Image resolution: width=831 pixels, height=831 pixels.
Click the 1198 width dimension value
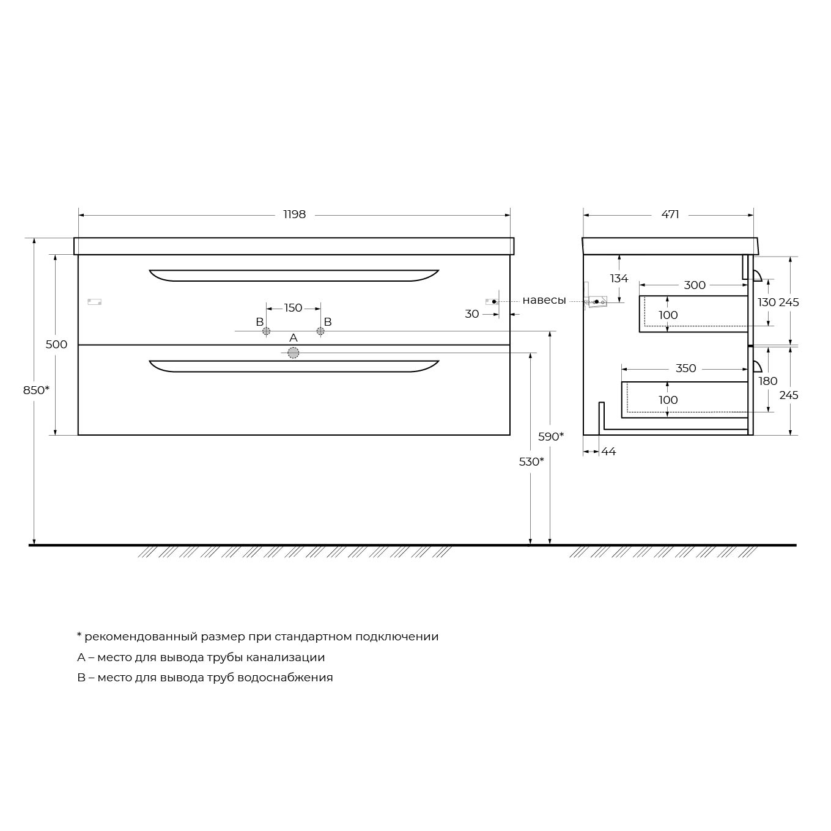(294, 214)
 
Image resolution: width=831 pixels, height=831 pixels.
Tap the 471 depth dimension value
(670, 214)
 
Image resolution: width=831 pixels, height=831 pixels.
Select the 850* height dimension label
(36, 390)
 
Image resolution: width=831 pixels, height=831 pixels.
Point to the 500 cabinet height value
(56, 344)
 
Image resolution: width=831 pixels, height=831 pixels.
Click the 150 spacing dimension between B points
(293, 308)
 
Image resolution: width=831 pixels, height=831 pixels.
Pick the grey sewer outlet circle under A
(293, 353)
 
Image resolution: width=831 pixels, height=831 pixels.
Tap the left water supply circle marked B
(267, 331)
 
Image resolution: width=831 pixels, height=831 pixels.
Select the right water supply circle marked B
(320, 331)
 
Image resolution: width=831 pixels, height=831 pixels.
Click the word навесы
(544, 300)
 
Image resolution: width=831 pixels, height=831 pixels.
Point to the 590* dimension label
(551, 436)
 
